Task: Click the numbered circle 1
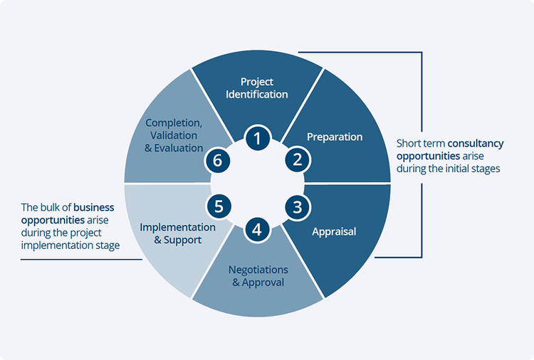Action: [257, 137]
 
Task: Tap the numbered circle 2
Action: [296, 159]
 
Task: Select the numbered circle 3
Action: [296, 207]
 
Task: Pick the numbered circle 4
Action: [257, 229]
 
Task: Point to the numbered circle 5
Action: [219, 207]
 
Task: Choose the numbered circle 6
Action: [219, 161]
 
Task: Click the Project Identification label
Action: [257, 88]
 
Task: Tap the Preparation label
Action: [335, 137]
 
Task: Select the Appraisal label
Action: [334, 231]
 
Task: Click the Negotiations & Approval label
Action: [258, 276]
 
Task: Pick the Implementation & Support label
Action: [177, 233]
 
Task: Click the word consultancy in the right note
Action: [475, 144]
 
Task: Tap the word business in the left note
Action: [94, 208]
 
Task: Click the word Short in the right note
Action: [409, 144]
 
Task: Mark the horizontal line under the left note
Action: [81, 259]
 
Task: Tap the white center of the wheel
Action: [257, 183]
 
